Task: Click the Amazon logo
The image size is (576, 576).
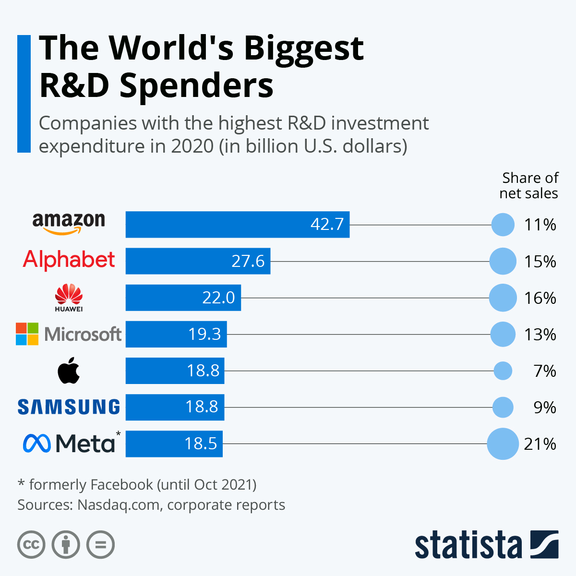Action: (69, 223)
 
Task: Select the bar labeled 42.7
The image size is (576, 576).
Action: (237, 224)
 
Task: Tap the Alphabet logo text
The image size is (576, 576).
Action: (69, 260)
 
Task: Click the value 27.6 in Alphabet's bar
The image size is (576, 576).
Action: (248, 261)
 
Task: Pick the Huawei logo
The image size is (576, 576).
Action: (69, 297)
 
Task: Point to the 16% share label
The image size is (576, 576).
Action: (540, 298)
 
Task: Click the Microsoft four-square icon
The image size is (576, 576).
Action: (27, 334)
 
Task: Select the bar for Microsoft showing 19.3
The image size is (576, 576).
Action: (176, 334)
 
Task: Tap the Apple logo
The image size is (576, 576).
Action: (69, 371)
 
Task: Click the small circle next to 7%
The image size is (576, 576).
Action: (503, 371)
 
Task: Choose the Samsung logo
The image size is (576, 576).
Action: (69, 407)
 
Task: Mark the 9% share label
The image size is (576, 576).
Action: (544, 408)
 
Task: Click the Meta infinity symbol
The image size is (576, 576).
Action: (36, 443)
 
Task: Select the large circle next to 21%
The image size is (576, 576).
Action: (503, 444)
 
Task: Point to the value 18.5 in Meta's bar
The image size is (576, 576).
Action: (201, 444)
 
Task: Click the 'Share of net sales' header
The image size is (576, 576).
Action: (529, 186)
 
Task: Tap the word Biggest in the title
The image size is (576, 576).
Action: (303, 48)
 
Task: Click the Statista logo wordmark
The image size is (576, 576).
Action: (468, 545)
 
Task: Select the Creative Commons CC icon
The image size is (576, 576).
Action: (31, 545)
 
